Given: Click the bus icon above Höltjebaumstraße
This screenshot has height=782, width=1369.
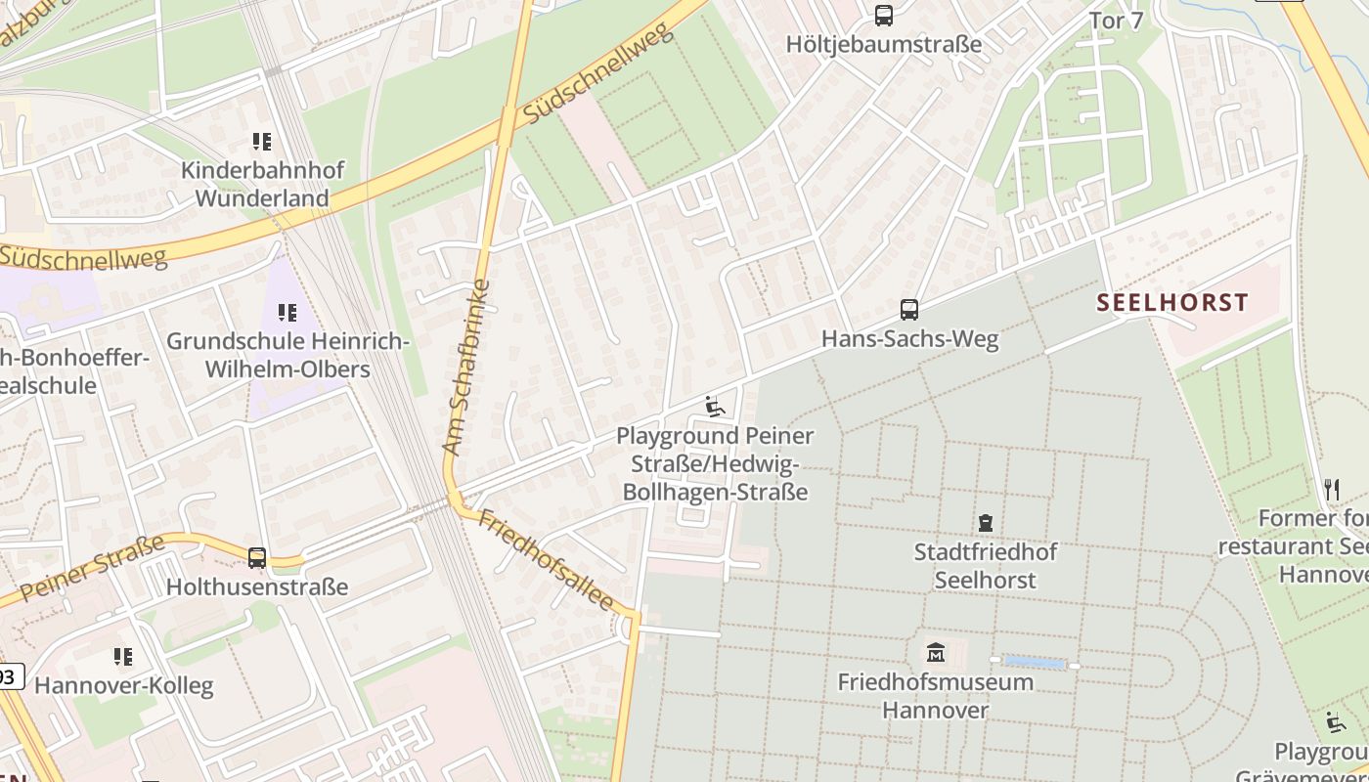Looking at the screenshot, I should click(884, 16).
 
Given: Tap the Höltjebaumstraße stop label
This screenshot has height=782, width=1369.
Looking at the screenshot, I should click(884, 44).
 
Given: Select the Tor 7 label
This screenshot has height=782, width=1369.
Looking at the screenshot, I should click(1116, 21).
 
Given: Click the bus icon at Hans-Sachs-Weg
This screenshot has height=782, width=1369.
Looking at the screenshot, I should click(909, 311).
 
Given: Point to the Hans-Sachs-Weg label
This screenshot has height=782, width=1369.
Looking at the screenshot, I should click(909, 339).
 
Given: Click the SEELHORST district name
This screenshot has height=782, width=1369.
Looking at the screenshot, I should click(1172, 302).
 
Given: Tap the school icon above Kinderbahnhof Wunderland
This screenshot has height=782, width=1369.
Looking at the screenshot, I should click(261, 143).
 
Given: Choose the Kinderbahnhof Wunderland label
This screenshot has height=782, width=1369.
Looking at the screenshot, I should click(261, 184).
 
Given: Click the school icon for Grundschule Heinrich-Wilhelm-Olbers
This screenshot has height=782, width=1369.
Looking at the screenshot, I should click(287, 313).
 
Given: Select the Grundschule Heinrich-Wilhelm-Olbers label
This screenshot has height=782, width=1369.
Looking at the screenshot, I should click(287, 356).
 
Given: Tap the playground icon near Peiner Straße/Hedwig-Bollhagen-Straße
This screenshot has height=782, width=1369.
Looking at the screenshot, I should click(715, 407).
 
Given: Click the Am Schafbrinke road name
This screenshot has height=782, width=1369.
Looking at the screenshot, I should click(466, 368).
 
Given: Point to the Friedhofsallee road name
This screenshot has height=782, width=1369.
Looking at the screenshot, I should click(546, 560).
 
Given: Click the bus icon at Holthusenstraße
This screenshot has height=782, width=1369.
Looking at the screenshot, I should click(257, 558).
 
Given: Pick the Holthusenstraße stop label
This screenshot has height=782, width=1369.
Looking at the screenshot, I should click(257, 587).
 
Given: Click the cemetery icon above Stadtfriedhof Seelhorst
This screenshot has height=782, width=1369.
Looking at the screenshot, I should click(986, 524).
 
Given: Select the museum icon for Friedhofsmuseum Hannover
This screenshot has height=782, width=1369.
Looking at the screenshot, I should click(936, 652).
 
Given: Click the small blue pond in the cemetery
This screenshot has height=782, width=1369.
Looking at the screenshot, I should click(1035, 664).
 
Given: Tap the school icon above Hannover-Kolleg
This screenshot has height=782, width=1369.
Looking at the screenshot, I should click(123, 657).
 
